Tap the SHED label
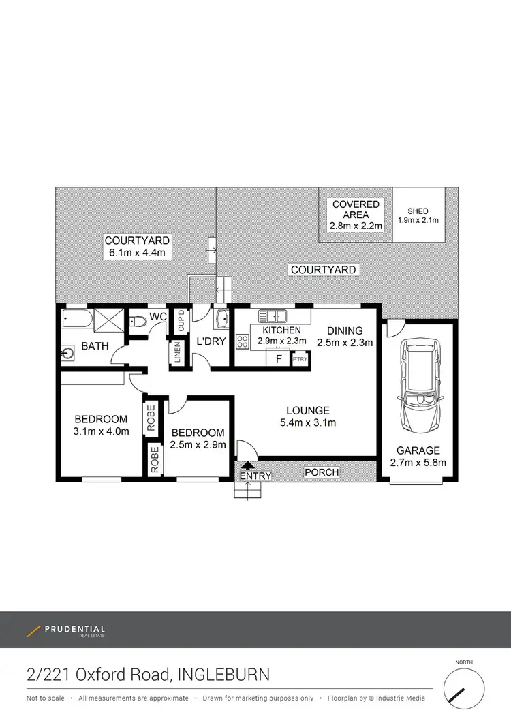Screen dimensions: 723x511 (x=418, y=211)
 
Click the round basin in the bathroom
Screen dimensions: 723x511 (x=67, y=354)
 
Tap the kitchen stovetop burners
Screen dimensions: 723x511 (x=242, y=342)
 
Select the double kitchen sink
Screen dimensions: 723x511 (x=276, y=316)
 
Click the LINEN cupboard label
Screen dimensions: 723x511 (x=177, y=354)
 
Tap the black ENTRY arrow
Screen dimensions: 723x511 (x=246, y=465)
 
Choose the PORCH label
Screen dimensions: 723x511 (x=321, y=472)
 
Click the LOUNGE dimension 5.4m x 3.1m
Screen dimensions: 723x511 (x=308, y=422)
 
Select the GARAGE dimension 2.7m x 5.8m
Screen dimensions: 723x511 (x=418, y=463)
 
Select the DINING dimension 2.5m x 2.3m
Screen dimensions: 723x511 (x=344, y=343)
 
